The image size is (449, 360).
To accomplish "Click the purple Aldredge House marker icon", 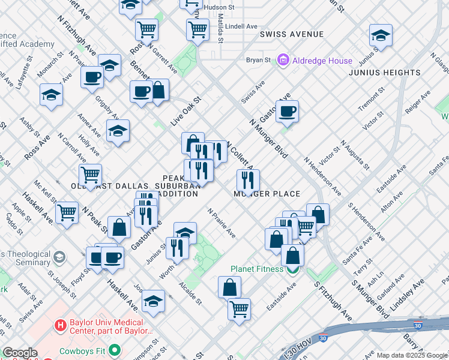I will (x=283, y=61).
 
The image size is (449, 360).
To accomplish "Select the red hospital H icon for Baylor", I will (x=60, y=325).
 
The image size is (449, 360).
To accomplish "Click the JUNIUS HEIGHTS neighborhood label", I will (x=385, y=73).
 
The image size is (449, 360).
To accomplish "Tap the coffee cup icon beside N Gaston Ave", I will (x=288, y=110).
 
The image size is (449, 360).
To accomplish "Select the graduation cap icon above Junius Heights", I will (x=381, y=35).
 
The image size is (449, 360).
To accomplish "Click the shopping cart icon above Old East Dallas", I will (x=91, y=175).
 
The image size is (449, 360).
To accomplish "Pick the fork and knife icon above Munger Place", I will (x=248, y=179).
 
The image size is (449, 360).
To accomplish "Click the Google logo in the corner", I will (x=20, y=353).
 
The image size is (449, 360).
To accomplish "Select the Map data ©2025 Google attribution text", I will (x=412, y=355).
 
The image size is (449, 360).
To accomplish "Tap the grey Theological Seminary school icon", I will (x=59, y=257).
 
